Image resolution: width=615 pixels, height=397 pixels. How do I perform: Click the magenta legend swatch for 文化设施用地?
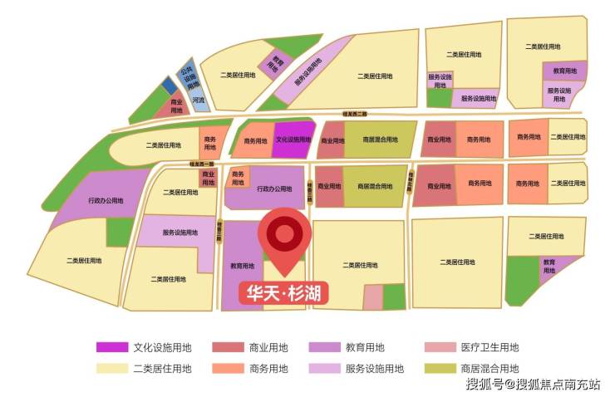pos(111,348)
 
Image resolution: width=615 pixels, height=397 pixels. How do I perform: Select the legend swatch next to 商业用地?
pos(227,348)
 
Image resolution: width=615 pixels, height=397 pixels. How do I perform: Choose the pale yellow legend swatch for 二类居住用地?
pos(111,369)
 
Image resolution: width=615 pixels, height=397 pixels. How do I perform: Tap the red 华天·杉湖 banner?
pos(283,292)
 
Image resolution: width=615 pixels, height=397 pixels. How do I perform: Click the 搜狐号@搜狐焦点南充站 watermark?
pos(533,385)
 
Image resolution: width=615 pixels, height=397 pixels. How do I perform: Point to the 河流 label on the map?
pos(198,100)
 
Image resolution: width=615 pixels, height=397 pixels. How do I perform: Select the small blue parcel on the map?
pos(168,86)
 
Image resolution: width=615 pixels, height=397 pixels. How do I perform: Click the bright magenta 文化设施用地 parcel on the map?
pos(293,140)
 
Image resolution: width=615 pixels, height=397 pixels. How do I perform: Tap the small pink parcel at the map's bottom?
pos(373,297)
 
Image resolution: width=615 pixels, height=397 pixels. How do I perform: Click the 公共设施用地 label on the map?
pos(189,74)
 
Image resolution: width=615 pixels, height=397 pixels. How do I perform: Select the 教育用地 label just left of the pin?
pos(242,266)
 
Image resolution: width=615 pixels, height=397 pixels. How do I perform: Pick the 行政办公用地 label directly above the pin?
pos(273,189)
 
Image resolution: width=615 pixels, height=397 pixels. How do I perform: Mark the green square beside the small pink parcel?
pos(394,297)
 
